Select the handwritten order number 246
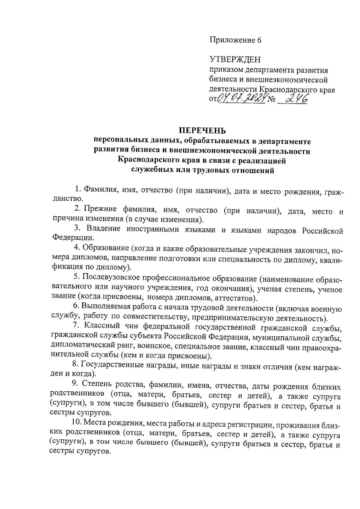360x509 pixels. pyautogui.click(x=295, y=98)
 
